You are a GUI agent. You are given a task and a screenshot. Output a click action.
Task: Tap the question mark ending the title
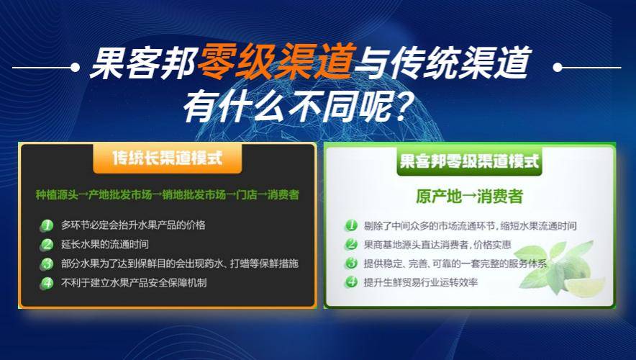(x=396, y=107)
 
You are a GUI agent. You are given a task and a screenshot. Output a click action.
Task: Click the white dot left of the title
(x=75, y=67)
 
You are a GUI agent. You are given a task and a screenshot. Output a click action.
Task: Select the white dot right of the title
(x=558, y=67)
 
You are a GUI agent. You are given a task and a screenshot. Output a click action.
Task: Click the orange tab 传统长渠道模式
(x=168, y=158)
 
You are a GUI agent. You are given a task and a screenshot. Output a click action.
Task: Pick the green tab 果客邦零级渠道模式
(x=469, y=161)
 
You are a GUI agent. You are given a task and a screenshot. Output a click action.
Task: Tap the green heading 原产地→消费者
(x=469, y=196)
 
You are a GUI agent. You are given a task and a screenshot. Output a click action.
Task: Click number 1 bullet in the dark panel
(x=47, y=225)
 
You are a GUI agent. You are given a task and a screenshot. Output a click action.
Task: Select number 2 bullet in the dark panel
(x=47, y=244)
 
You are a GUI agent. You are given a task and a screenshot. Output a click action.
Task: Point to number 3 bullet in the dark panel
(x=47, y=264)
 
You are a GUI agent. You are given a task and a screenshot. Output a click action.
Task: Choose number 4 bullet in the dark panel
(x=47, y=283)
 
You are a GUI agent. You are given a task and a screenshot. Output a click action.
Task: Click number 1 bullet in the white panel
(x=351, y=225)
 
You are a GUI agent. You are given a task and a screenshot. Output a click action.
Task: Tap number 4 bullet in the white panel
(x=351, y=282)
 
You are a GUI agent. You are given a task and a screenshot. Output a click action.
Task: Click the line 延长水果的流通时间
(x=104, y=244)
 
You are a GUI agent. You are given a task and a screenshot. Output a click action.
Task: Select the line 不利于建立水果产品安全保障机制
(x=134, y=282)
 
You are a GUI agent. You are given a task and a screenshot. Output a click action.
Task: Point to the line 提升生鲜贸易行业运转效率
(x=421, y=282)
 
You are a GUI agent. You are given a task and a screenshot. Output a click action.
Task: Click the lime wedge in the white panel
(x=585, y=287)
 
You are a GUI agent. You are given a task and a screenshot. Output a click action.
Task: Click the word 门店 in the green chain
(x=247, y=195)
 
